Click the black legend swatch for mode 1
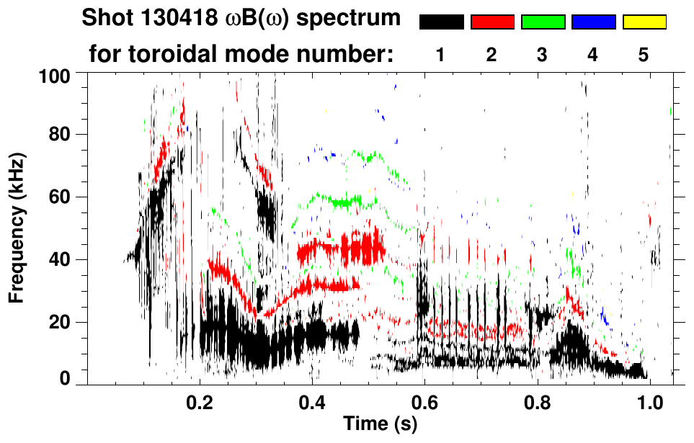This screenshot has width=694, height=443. point(442,22)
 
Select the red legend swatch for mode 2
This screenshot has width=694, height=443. point(492,22)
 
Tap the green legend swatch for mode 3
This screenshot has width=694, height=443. point(543,22)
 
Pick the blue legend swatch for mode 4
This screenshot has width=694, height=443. point(593,22)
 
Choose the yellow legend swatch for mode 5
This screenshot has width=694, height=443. point(644,22)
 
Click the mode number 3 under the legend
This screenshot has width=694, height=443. point(542,55)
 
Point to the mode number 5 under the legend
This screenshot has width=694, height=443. point(644,55)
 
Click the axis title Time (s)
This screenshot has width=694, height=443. point(380,424)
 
